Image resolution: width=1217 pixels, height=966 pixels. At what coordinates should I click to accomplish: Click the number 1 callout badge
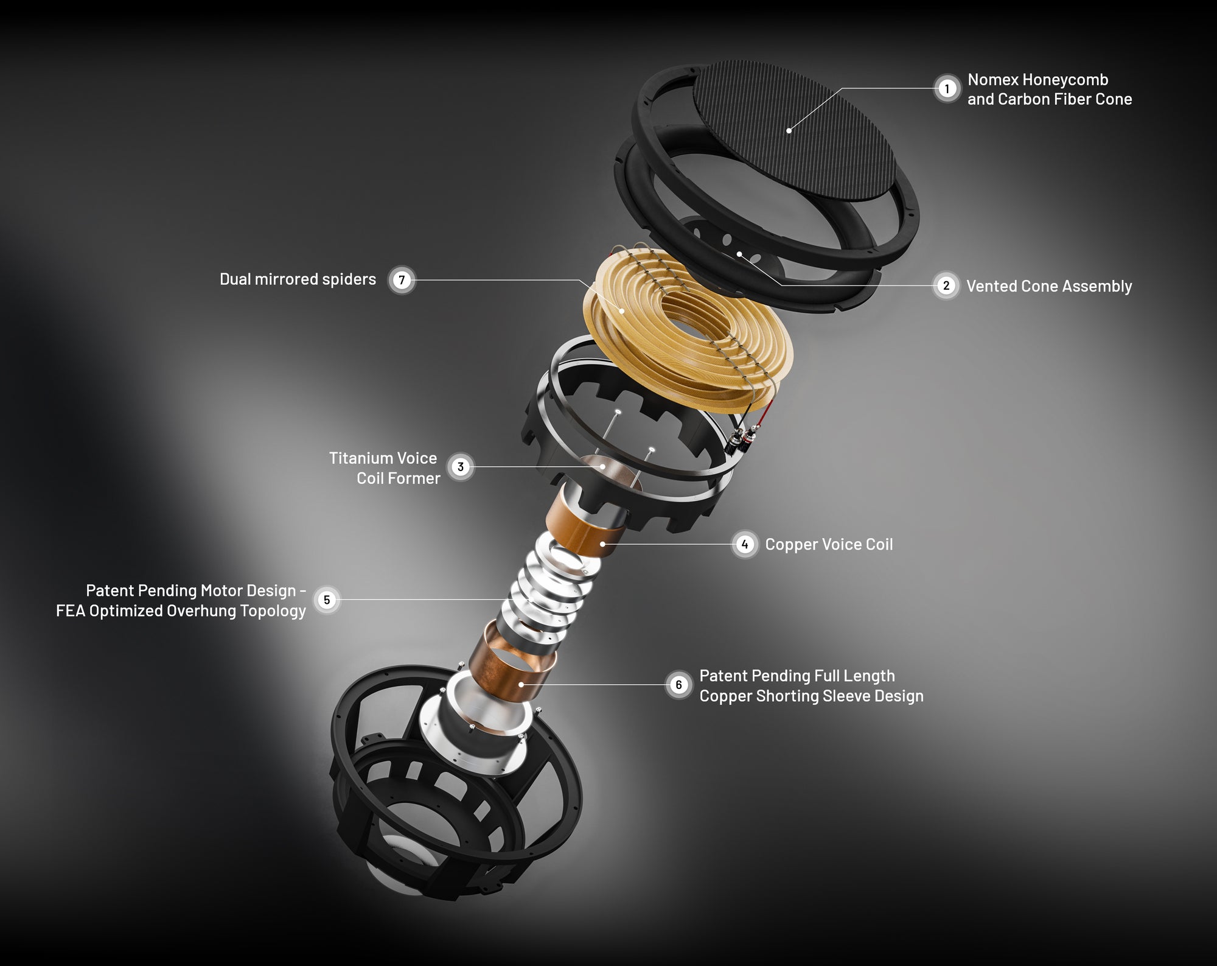point(946,89)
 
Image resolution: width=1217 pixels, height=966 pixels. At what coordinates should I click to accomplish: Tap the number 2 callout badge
point(946,285)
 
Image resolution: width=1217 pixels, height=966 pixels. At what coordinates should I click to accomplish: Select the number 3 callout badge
point(461,467)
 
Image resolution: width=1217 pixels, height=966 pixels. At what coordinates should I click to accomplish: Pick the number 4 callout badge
point(745,544)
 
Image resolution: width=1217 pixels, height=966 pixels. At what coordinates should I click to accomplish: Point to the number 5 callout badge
point(327,600)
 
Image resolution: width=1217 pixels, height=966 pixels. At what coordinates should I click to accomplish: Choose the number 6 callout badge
point(679,685)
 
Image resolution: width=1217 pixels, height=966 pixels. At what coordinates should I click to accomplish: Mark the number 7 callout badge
point(401,280)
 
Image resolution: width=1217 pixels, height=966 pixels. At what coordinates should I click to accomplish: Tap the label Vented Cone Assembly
point(1049,286)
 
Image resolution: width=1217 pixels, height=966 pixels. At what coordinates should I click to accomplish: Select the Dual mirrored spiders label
point(298,279)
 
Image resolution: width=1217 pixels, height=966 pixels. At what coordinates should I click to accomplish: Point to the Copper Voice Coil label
point(829,544)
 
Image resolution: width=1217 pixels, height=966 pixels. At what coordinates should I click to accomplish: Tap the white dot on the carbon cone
point(789,130)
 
